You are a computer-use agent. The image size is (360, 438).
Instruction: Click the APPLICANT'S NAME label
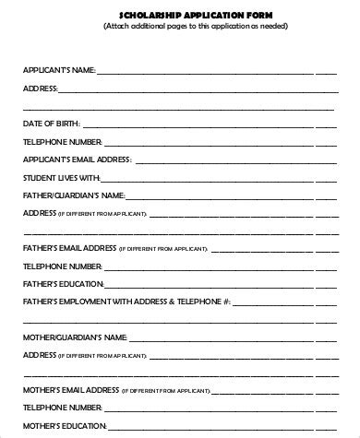[57, 70]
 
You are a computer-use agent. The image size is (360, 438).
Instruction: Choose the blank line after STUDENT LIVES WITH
[218, 180]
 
